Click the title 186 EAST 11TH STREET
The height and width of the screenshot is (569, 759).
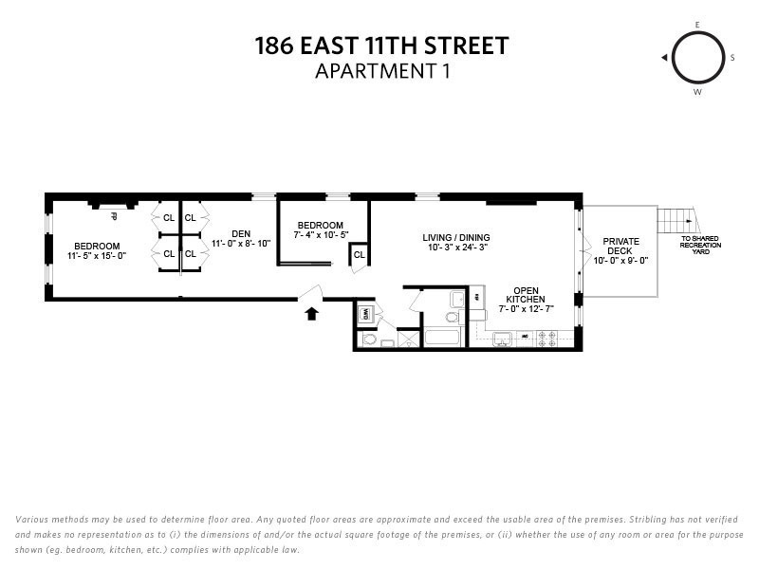coord(381,45)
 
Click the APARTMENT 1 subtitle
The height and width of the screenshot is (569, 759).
coord(381,69)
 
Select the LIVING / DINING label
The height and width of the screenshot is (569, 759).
coord(456,237)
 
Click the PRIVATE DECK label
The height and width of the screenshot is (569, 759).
coord(620,247)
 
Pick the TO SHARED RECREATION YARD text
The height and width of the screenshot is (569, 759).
coord(700,246)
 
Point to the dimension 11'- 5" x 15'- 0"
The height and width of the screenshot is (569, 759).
coord(97,255)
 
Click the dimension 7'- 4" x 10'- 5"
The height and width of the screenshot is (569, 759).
coord(321,234)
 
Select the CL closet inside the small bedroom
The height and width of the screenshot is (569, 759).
coord(360,254)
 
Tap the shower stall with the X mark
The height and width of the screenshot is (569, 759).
coord(409,340)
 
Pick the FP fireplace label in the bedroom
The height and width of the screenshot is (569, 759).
coord(113,215)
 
